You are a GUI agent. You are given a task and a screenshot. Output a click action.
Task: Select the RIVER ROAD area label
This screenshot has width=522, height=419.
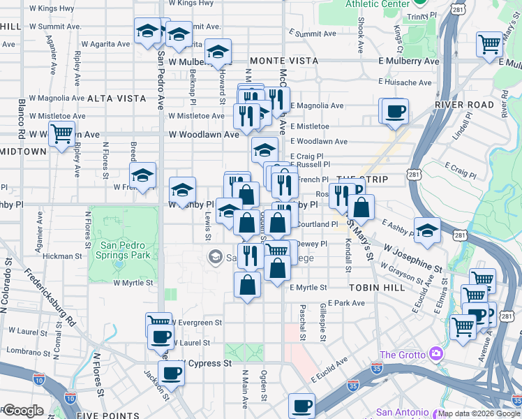458,105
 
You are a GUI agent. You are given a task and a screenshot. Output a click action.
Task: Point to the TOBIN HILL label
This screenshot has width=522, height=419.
373,287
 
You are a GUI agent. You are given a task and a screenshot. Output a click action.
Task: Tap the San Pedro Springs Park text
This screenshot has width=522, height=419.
125,251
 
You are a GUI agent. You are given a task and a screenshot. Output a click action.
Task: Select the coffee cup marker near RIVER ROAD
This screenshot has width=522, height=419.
395,111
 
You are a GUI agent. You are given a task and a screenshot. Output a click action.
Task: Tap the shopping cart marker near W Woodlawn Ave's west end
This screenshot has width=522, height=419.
62,133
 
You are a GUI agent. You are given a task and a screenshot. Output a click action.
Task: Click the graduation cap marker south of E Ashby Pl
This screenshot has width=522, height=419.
426,230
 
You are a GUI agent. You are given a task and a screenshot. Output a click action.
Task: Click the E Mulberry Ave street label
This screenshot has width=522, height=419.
409,61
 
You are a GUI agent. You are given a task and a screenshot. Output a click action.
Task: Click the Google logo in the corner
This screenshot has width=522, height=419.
24,411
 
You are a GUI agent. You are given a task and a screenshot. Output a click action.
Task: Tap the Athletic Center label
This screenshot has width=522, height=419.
378,4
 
